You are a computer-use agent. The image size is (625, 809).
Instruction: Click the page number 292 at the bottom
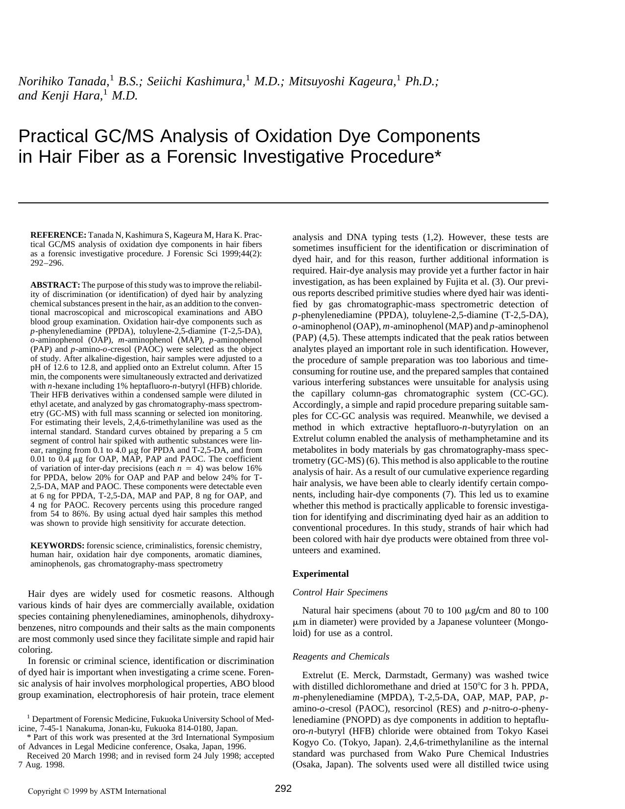coord(283,788)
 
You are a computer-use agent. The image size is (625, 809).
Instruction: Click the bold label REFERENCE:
coord(58,235)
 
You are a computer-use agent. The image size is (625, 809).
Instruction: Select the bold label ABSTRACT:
coord(55,285)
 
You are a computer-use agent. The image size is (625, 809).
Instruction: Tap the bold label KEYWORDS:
coord(57,546)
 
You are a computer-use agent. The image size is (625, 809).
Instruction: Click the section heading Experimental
coord(321,574)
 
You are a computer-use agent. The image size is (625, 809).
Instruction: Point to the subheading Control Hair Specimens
coord(340,592)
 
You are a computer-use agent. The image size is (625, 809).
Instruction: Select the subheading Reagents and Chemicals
coord(341,657)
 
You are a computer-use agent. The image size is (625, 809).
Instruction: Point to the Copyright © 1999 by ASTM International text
coord(97,791)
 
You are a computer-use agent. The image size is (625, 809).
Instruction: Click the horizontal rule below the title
coord(283,202)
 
